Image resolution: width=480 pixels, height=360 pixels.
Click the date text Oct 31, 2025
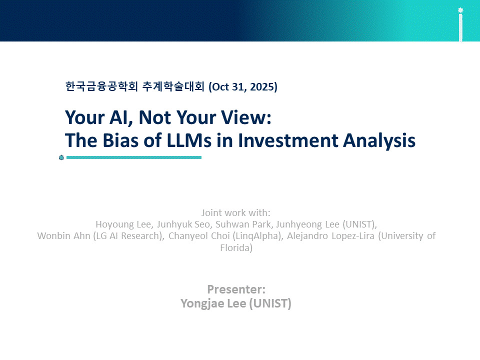pos(243,87)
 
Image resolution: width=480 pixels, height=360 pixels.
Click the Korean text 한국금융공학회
pos(101,86)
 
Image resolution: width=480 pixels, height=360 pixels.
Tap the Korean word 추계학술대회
pos(173,86)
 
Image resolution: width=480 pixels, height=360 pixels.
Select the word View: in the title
pos(246,117)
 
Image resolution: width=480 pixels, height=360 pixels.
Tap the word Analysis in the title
pos(379,141)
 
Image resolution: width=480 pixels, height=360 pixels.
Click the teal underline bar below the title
pos(134,157)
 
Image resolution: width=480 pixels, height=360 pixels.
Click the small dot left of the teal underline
pos(61,157)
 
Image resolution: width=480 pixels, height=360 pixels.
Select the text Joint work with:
pos(235,213)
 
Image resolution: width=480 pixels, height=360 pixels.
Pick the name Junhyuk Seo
pos(183,224)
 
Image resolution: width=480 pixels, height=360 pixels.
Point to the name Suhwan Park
pos(243,224)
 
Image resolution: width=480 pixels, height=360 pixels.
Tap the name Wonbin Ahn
pos(63,235)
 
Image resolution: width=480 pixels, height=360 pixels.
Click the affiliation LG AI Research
pos(127,236)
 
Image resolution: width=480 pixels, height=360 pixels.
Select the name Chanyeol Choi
pos(199,236)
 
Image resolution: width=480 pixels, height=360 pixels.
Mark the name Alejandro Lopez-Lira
pos(330,236)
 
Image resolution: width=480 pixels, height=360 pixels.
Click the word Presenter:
pos(236,289)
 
